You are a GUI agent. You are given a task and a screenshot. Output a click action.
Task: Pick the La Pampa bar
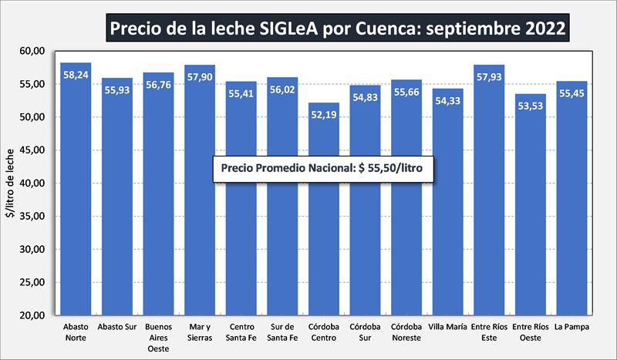pos(572,208)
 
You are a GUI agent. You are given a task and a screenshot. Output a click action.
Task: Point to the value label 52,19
pos(324,117)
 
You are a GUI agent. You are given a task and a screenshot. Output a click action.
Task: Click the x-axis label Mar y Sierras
pos(200,332)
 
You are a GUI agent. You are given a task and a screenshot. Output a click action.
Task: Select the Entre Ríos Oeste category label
pos(531,332)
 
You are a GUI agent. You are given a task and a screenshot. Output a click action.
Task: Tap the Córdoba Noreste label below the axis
pos(406,332)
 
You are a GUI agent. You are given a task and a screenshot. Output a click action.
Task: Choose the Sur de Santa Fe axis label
pos(282,332)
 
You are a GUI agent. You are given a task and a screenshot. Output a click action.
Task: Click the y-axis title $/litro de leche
pos(10,183)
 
